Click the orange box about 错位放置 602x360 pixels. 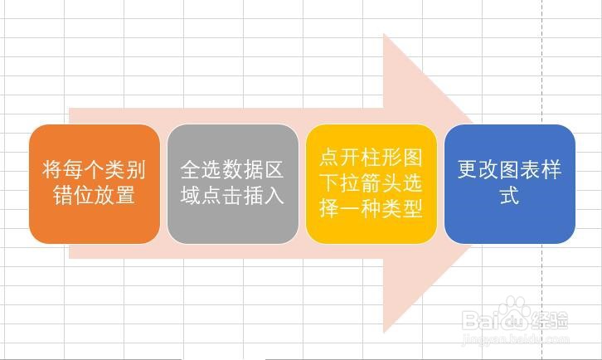(x=95, y=184)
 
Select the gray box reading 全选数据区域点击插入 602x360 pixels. (x=233, y=184)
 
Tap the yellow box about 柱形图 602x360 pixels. (x=371, y=184)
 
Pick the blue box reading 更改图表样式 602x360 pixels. (x=510, y=184)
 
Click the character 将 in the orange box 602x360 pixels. (x=52, y=169)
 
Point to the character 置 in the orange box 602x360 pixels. (x=125, y=195)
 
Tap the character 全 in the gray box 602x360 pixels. (x=191, y=169)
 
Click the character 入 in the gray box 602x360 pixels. (x=274, y=195)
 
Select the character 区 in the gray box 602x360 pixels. (x=274, y=169)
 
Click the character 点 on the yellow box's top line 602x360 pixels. (x=329, y=157)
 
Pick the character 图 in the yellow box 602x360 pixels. (x=413, y=157)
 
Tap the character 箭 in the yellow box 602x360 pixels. (x=371, y=182)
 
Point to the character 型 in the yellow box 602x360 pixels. (x=413, y=208)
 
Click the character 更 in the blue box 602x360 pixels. (x=468, y=169)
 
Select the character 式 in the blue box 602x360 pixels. (x=509, y=195)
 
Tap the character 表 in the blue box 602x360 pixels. (x=530, y=169)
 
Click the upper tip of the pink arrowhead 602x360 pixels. (x=384, y=34)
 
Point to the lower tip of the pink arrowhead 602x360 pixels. (x=384, y=333)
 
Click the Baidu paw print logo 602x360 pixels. (x=514, y=313)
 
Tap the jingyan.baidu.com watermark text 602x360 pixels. (x=516, y=339)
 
